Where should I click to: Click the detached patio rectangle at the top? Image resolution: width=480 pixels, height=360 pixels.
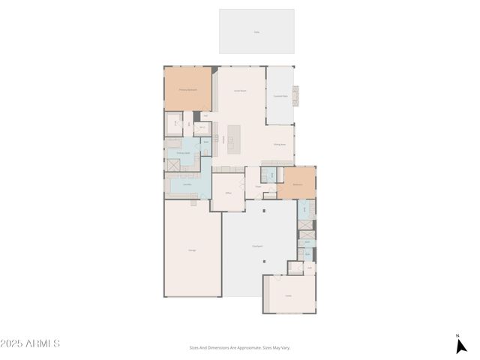[256, 31]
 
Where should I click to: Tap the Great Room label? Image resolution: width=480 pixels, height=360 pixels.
[240, 90]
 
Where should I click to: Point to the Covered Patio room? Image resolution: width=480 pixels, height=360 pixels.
[280, 96]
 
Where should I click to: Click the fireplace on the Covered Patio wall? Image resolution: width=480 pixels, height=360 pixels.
[295, 94]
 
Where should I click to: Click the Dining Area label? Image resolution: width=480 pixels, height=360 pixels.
[279, 144]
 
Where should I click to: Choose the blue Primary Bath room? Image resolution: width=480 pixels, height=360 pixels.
[182, 153]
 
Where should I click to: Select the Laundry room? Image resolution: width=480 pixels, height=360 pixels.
[185, 184]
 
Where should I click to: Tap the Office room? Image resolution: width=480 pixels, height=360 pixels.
[228, 193]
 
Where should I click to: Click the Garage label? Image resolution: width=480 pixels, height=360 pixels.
[192, 250]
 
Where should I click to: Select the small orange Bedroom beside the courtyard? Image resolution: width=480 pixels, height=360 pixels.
[297, 184]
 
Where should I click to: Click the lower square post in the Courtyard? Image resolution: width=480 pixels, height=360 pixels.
[263, 262]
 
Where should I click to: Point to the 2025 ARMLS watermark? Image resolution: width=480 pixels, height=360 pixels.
[30, 343]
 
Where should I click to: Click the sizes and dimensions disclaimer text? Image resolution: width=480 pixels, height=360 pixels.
[239, 347]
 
